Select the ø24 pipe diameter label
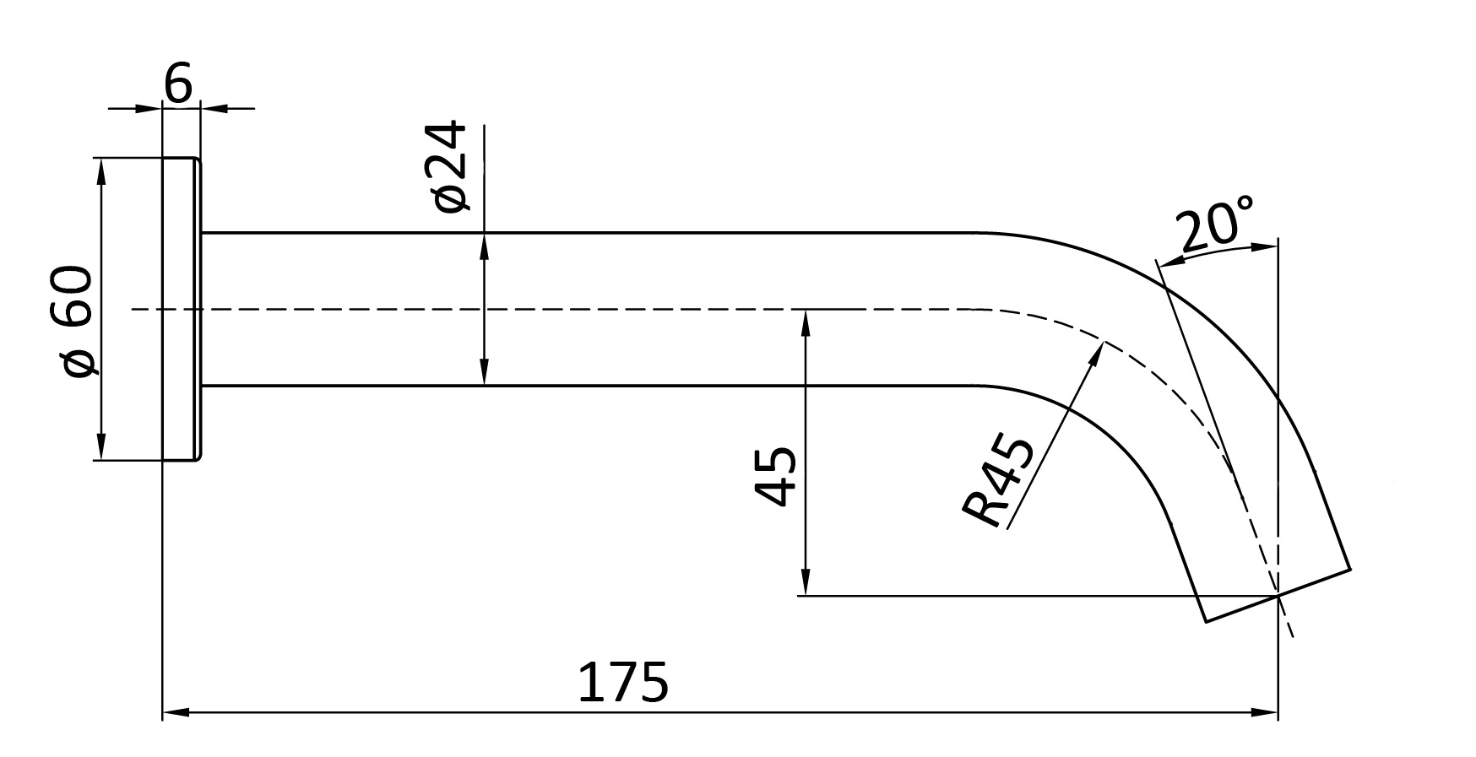tap(448, 166)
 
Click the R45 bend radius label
tap(998, 482)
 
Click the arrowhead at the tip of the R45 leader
tap(1097, 351)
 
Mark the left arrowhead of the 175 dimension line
tap(175, 713)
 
